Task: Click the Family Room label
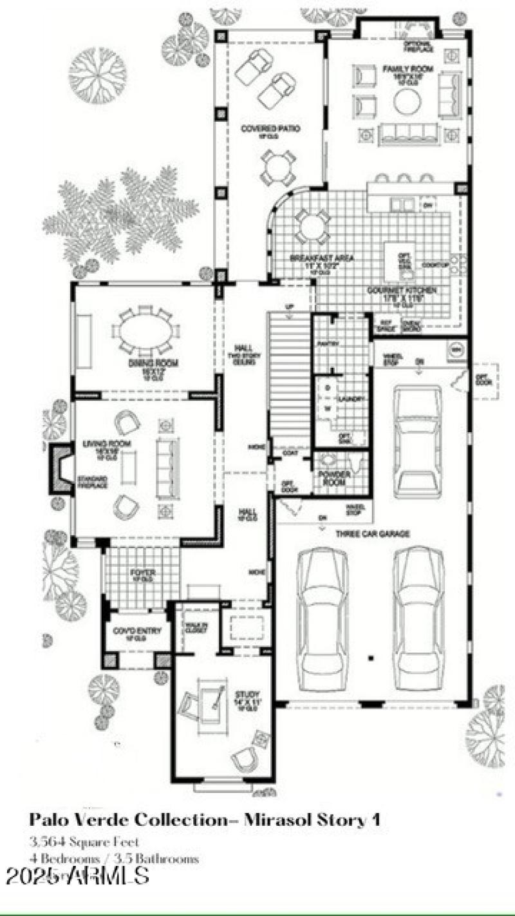pyautogui.click(x=407, y=68)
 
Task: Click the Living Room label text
pyautogui.click(x=107, y=444)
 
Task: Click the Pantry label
pyautogui.click(x=328, y=344)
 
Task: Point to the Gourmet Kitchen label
pyautogui.click(x=402, y=291)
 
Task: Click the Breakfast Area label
pyautogui.click(x=314, y=258)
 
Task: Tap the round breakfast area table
pyautogui.click(x=313, y=225)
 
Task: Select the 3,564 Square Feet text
pyautogui.click(x=84, y=842)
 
